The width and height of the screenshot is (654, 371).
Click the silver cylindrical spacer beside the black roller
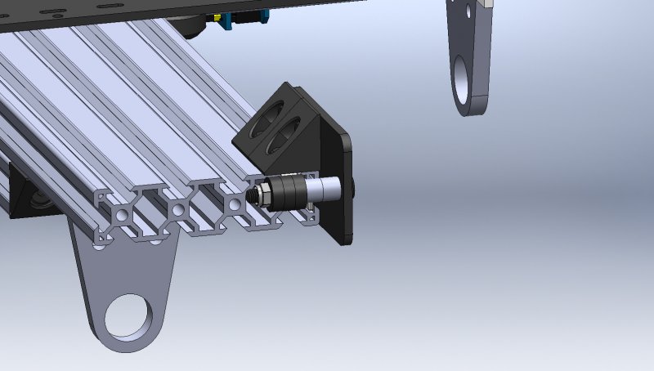click(x=327, y=190)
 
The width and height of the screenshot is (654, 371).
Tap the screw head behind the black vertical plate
click(x=353, y=187)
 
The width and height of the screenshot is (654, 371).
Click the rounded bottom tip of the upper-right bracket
click(x=470, y=106)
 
